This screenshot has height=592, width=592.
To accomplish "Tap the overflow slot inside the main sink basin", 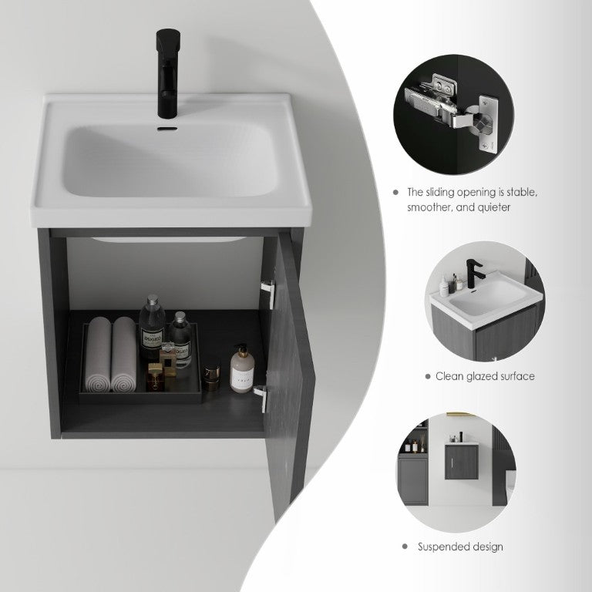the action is [167, 129].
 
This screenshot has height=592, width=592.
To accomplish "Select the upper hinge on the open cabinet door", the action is [267, 294].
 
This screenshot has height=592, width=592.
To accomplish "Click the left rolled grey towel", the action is [98, 354].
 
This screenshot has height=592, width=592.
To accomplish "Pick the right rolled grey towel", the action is [123, 354].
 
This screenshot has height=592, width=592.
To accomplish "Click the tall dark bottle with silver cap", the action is [152, 327].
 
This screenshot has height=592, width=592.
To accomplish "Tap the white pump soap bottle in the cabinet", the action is [242, 368].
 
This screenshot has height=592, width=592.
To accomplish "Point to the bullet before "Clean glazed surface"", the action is [428, 376].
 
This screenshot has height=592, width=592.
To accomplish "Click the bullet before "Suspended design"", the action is [405, 547].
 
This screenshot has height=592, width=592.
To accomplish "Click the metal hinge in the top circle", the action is [449, 109].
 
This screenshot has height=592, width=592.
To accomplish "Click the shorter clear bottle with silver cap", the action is [180, 338].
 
